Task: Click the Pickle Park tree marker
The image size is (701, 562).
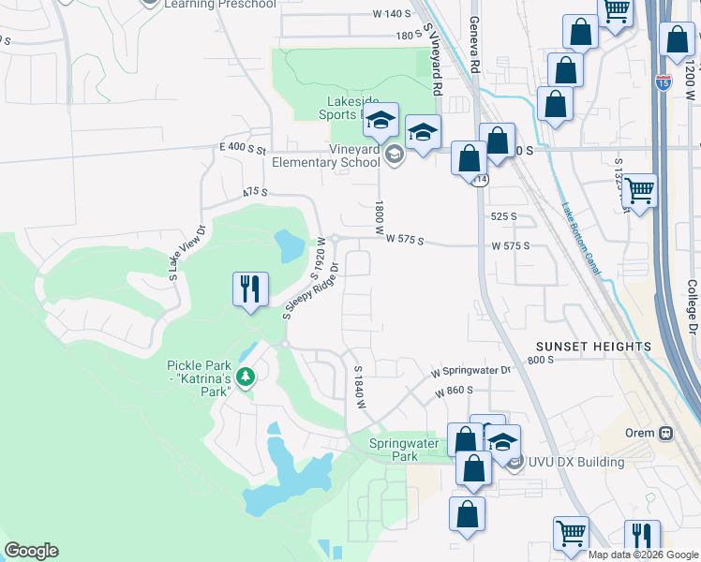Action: [x=246, y=377]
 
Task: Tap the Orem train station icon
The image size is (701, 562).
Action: [x=666, y=434]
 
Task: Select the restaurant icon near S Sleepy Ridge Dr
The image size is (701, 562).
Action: [x=250, y=288]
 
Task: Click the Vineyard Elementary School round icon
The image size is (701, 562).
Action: [x=395, y=155]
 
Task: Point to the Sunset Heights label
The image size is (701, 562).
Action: [x=593, y=347]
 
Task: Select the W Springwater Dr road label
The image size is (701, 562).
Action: [x=471, y=372]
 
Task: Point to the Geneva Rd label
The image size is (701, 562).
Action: [x=474, y=48]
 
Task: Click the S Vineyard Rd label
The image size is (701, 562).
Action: [x=433, y=61]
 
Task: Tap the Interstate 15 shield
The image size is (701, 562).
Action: [x=664, y=82]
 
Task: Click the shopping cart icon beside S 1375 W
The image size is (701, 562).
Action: [x=640, y=192]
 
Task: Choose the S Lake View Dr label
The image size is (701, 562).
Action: [x=186, y=253]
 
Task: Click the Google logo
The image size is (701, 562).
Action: [x=31, y=551]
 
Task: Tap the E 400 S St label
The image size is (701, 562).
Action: [x=244, y=149]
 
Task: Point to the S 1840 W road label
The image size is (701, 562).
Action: [x=357, y=387]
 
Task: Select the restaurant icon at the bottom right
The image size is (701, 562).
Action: [x=642, y=538]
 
